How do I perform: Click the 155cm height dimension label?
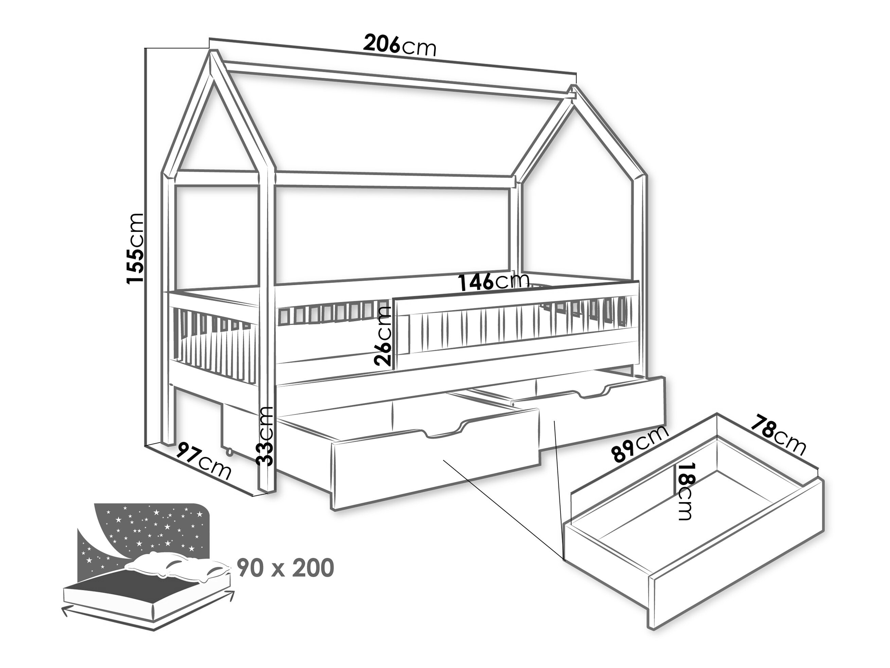(135, 248)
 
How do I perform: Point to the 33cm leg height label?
(266, 436)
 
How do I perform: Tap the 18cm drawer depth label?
(684, 491)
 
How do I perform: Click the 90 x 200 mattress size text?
(285, 568)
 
